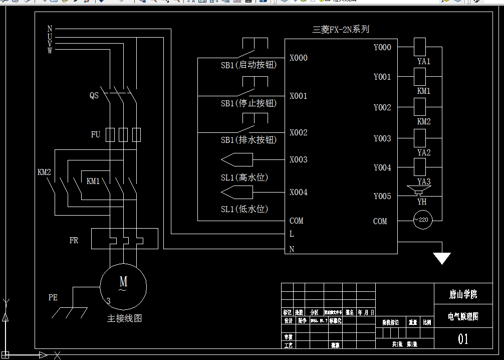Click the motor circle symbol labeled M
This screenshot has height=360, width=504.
click(123, 286)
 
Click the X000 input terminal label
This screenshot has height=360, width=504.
click(298, 58)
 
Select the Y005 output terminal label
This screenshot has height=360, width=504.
click(382, 197)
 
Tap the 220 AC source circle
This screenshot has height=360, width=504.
click(422, 220)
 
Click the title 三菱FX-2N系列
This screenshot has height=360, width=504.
click(341, 30)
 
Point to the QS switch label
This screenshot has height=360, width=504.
click(94, 96)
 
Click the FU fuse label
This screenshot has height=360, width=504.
click(95, 135)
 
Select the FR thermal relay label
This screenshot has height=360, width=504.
click(74, 241)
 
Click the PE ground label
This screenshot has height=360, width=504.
click(53, 297)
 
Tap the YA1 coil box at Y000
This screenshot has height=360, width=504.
click(419, 47)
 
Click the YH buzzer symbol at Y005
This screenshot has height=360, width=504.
click(419, 191)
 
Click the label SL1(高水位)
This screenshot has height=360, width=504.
click(244, 177)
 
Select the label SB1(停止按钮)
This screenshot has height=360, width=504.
click(248, 103)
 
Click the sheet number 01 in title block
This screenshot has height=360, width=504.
click(463, 339)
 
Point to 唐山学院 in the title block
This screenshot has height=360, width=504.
click(463, 294)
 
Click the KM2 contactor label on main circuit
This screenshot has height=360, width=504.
click(44, 172)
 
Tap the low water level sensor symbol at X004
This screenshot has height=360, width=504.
click(236, 192)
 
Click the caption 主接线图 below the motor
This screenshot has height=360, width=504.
click(124, 318)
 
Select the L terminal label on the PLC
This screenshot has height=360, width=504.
click(292, 234)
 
